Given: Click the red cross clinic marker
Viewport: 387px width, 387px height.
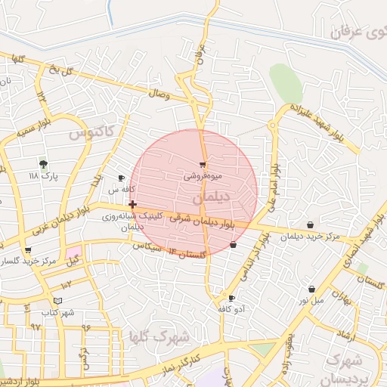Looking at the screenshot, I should (x=133, y=204).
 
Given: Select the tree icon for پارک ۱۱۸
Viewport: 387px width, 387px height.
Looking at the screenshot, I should (x=42, y=163).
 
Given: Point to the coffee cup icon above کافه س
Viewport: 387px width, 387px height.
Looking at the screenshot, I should (x=121, y=178).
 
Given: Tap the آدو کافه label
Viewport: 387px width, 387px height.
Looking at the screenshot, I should (x=231, y=309).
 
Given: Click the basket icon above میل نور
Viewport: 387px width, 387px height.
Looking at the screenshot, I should (x=311, y=289).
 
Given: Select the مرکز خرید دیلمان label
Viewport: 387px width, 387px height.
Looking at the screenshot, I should (x=311, y=237).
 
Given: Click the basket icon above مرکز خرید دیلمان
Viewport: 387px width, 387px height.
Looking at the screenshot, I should (x=311, y=224).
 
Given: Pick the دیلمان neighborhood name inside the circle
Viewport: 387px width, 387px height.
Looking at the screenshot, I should (x=214, y=197).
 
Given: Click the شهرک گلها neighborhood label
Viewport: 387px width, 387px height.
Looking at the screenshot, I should (x=157, y=336).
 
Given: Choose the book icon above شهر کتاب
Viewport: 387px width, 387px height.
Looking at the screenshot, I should (x=58, y=301).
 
